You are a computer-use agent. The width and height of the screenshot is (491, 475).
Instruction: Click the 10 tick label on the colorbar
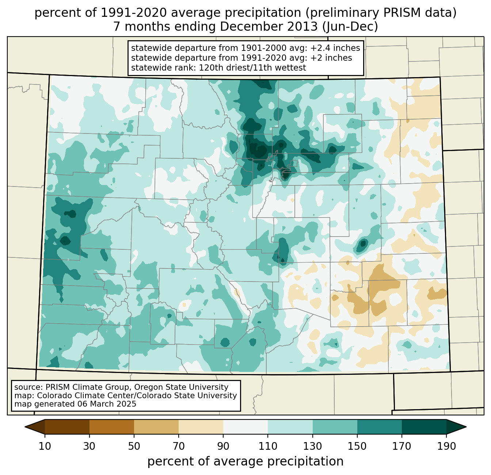(45, 446)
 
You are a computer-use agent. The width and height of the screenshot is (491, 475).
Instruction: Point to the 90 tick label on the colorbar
(223, 446)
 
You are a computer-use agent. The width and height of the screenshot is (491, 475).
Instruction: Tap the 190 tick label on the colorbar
(446, 446)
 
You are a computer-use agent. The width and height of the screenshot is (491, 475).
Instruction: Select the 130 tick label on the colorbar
(313, 446)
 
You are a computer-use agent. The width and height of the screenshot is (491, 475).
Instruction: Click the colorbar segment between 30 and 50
(112, 427)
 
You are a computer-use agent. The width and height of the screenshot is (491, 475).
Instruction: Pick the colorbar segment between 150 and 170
(380, 427)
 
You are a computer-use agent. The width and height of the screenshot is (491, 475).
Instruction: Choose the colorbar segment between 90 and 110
(245, 427)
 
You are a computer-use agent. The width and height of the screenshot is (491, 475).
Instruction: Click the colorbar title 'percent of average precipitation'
(245, 461)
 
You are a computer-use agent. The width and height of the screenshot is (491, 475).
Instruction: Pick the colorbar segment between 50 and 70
(156, 427)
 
